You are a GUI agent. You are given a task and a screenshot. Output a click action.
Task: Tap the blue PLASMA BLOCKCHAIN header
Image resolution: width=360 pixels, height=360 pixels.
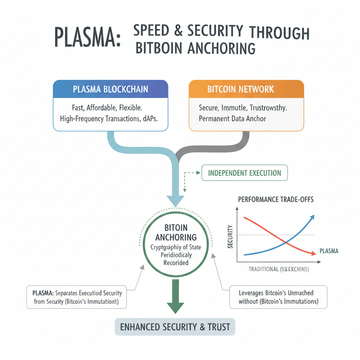(x=110, y=89)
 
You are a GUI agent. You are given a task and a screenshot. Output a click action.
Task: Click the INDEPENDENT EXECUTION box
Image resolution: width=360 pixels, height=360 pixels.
(x=244, y=173)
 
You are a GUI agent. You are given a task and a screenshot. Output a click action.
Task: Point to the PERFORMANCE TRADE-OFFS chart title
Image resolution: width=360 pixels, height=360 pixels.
(x=276, y=199)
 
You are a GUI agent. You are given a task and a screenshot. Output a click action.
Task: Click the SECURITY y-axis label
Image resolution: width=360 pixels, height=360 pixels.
(x=231, y=236)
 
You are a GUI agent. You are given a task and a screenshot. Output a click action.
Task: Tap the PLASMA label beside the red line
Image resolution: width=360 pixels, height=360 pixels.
(x=329, y=251)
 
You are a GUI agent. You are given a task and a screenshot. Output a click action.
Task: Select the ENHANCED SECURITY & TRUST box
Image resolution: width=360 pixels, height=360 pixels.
(x=175, y=327)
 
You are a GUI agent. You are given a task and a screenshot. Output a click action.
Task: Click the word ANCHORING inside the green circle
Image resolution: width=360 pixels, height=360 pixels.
(x=176, y=237)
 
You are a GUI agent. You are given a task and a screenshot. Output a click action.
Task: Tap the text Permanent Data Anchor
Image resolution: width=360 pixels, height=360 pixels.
(x=232, y=118)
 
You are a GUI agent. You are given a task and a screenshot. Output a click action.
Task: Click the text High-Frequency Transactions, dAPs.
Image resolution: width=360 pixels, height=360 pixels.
(x=109, y=119)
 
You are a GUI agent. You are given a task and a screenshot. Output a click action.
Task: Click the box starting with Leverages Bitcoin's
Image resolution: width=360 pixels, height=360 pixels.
(x=278, y=297)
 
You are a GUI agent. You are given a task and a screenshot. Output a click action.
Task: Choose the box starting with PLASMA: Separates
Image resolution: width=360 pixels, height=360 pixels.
(x=76, y=297)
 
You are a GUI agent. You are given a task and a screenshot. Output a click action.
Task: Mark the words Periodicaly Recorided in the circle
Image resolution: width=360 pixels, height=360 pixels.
(x=176, y=259)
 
